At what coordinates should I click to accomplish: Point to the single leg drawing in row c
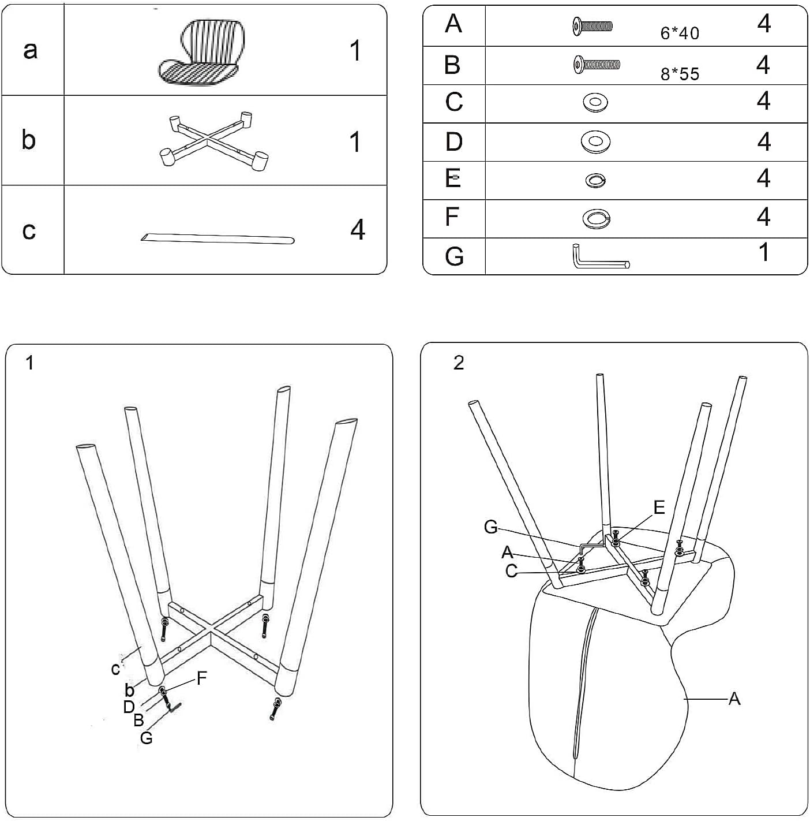[x=217, y=238]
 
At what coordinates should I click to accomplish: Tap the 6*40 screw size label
[x=680, y=33]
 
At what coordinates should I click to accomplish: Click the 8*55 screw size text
[x=680, y=74]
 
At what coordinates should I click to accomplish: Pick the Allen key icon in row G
[x=601, y=258]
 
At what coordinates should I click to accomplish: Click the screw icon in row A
[x=592, y=25]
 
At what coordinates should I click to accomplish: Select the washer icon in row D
[x=595, y=141]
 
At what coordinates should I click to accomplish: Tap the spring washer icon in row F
[x=596, y=218]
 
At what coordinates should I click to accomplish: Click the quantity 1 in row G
[x=763, y=252]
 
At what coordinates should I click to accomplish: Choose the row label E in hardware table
[x=453, y=179]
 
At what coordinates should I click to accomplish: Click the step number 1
[x=30, y=363]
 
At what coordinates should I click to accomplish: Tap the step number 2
[x=459, y=363]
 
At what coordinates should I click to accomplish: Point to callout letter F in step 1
[x=201, y=678]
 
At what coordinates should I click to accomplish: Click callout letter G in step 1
[x=146, y=737]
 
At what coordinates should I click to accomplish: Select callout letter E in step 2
[x=659, y=507]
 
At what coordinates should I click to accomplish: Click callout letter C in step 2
[x=511, y=571]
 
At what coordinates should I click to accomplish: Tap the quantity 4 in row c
[x=358, y=230]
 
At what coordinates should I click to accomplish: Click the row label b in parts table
[x=29, y=140]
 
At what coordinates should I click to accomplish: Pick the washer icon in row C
[x=595, y=103]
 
